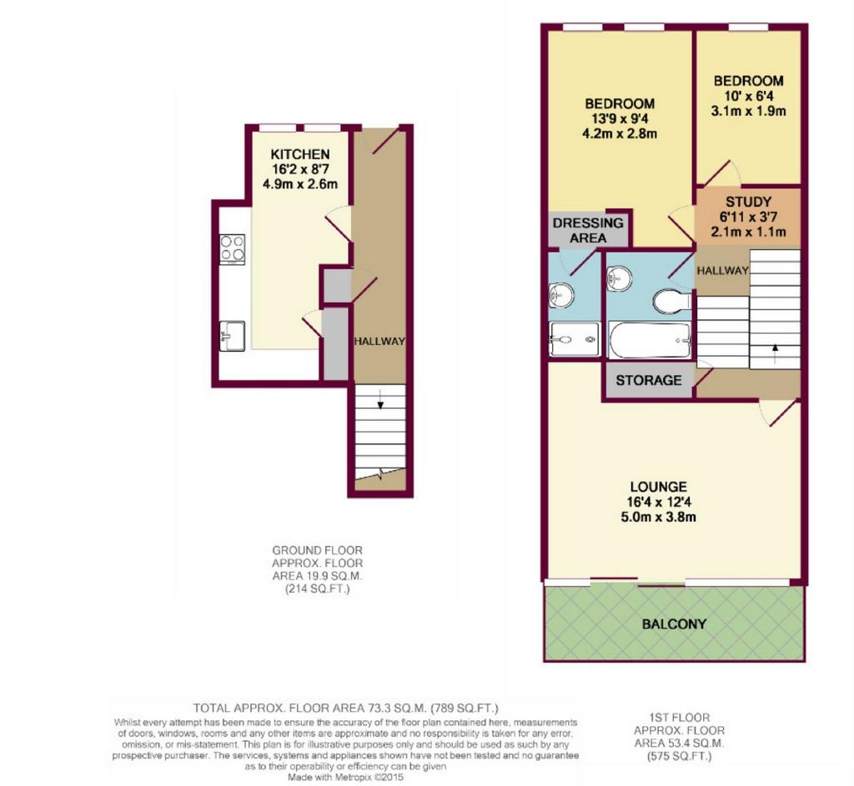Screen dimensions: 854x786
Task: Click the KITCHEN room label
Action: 300,154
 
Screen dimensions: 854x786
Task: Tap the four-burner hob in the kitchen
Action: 232,249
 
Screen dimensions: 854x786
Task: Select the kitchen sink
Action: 232,337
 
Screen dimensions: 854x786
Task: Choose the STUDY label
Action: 748,202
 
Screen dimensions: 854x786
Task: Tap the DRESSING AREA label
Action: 588,230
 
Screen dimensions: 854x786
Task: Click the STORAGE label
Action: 649,380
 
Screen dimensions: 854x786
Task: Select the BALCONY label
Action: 674,623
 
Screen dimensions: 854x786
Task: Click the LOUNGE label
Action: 659,487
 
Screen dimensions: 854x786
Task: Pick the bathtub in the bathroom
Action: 649,340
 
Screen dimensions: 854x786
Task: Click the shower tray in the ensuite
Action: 575,340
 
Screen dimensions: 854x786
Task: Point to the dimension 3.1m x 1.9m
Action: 748,111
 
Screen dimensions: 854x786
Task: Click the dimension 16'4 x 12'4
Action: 659,502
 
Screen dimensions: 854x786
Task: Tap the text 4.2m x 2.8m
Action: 620,133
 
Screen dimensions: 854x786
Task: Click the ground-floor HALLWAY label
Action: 379,341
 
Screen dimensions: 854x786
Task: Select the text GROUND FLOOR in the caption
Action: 317,550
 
